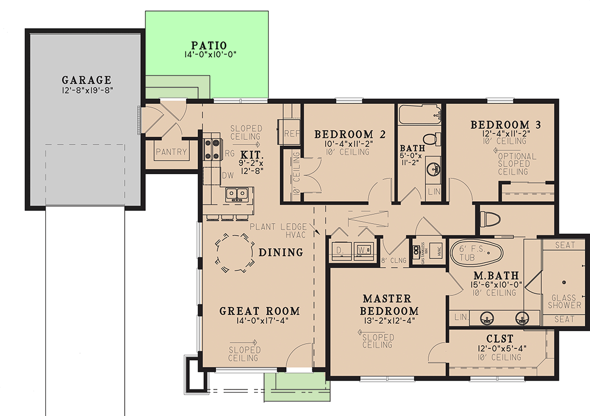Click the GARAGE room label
point(87,80)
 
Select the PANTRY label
point(171,152)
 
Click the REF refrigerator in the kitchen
point(290,134)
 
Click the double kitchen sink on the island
point(236,194)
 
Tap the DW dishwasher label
point(228,176)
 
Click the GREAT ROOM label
point(259,311)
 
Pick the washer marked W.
point(363,250)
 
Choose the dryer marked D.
point(340,250)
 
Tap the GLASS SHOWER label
point(563,302)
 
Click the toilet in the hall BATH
point(430,139)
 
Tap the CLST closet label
point(499,339)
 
